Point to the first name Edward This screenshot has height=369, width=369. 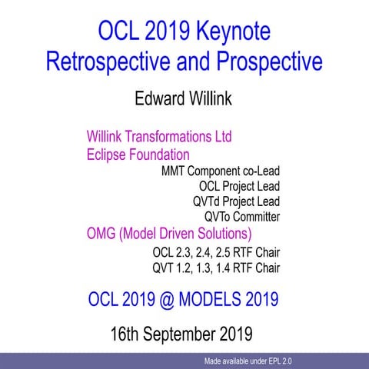tap(158, 98)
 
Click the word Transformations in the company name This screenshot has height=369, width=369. tap(163, 138)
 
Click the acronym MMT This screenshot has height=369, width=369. tap(175, 171)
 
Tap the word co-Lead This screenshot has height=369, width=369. tap(258, 171)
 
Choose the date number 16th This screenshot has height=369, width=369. tap(127, 334)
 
